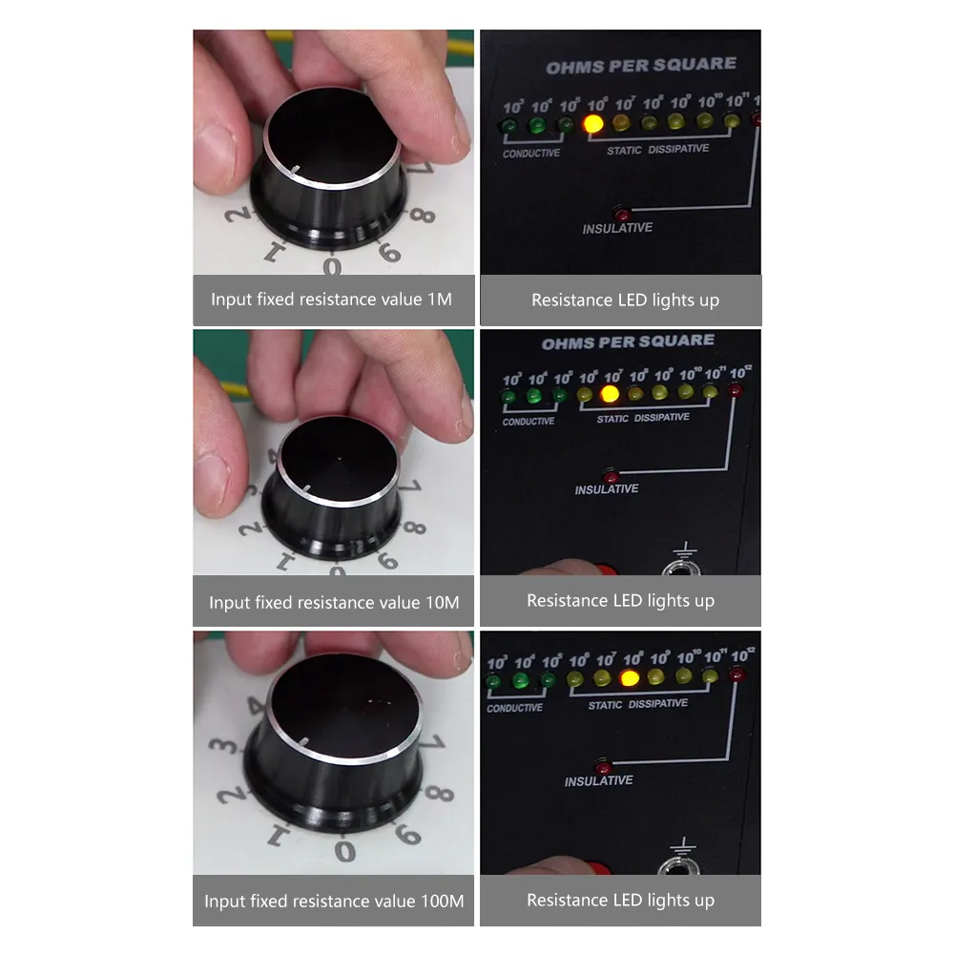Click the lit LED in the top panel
(593, 123)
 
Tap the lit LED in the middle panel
(611, 393)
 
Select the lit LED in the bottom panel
(629, 678)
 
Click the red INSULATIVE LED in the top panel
(622, 212)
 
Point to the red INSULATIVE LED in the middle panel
(611, 474)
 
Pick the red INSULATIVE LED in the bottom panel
(602, 765)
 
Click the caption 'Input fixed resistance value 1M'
(331, 300)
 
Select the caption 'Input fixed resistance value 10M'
(334, 603)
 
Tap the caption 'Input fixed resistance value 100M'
(334, 901)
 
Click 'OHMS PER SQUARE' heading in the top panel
(641, 66)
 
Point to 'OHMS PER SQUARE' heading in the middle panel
(628, 342)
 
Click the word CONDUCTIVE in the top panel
(531, 154)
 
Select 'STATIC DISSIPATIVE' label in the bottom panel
(637, 705)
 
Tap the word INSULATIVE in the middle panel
(607, 489)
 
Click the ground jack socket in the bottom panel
(680, 871)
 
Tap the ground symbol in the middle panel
(684, 550)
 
